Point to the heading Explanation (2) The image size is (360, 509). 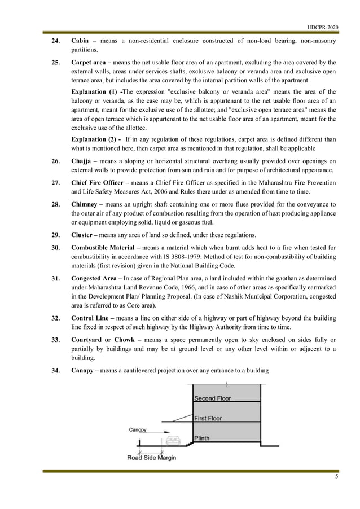click(95, 139)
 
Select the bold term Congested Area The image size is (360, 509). click(95, 278)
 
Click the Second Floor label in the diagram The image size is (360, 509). click(212, 398)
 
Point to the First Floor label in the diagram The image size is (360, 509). click(208, 419)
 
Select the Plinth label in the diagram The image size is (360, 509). click(202, 438)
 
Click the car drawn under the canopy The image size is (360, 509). click(173, 439)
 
